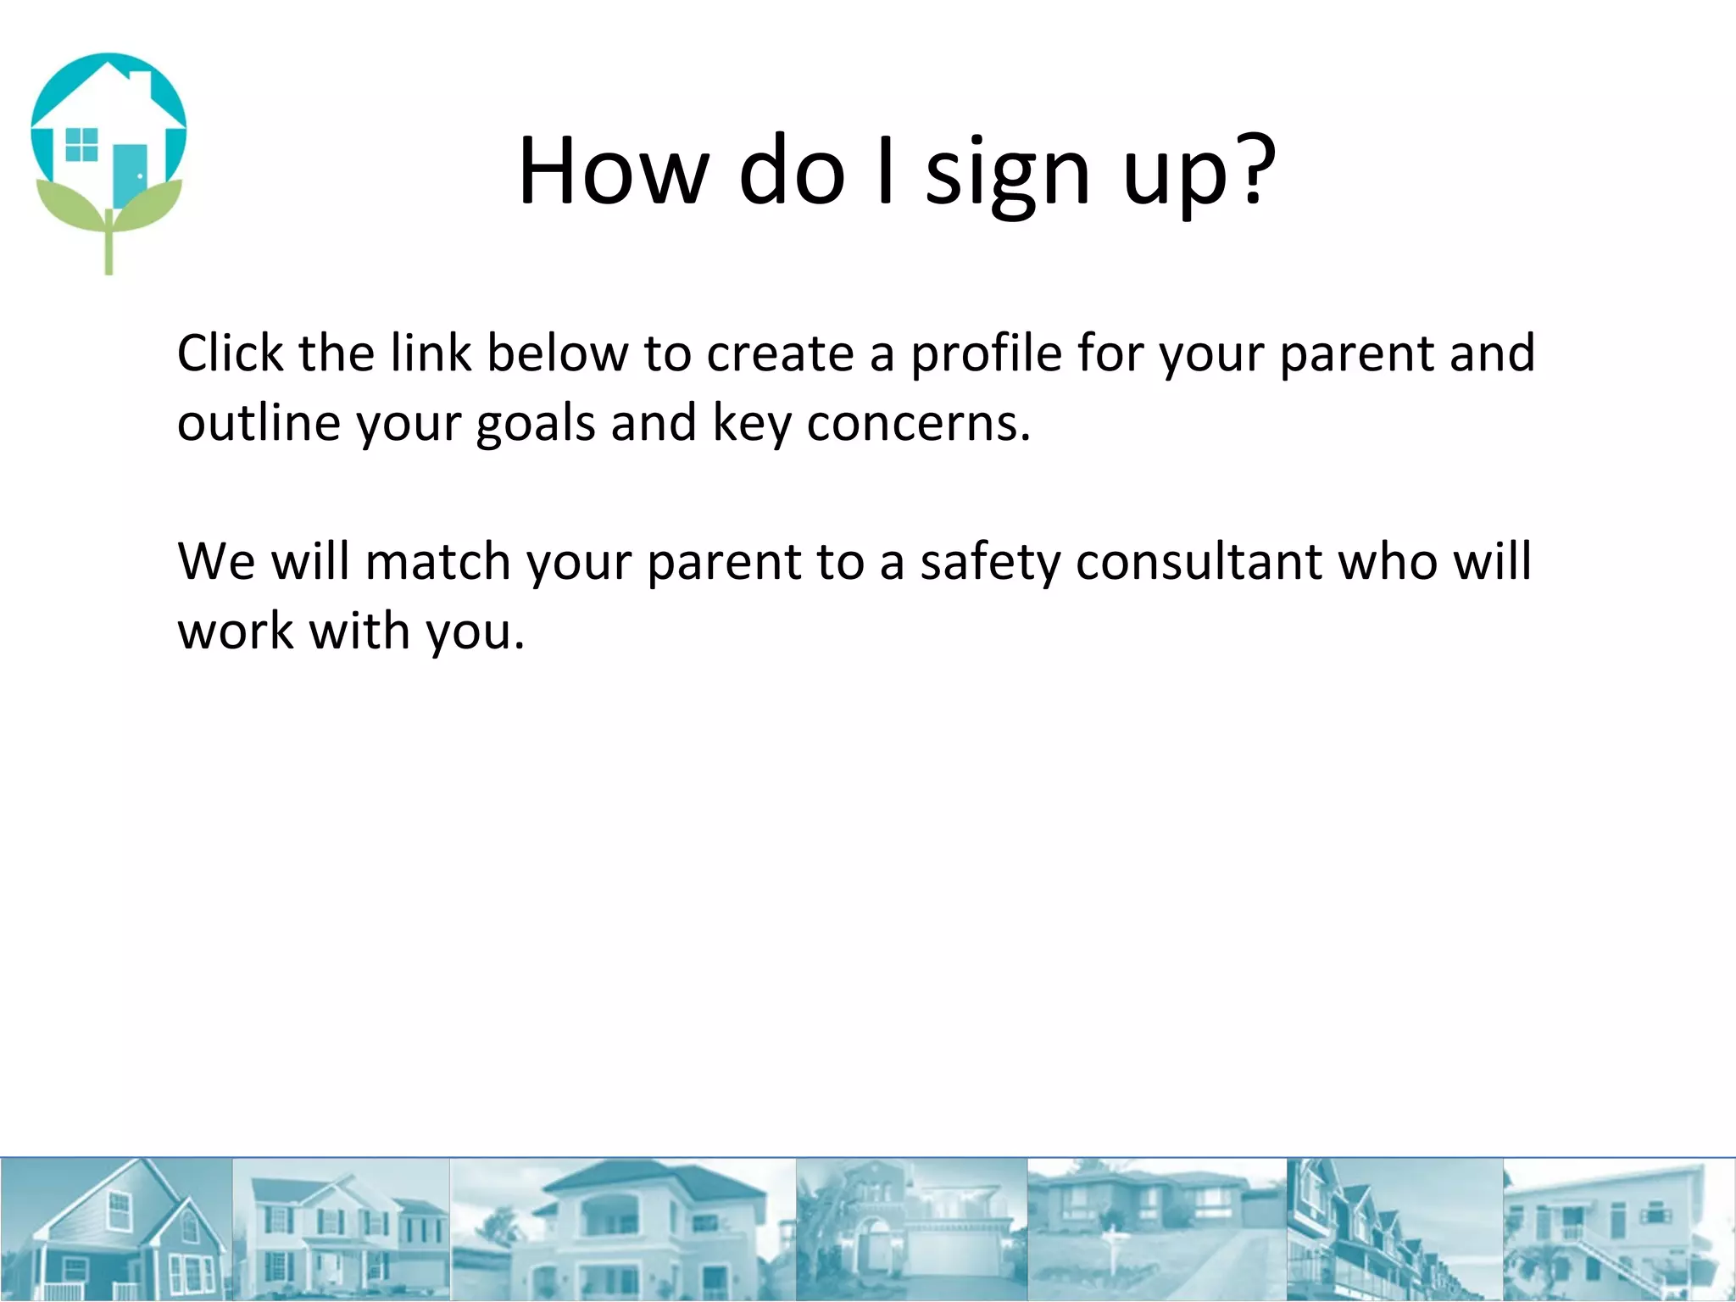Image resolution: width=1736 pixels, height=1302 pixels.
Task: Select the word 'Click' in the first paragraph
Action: [230, 353]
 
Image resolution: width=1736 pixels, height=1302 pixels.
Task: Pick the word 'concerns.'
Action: [918, 423]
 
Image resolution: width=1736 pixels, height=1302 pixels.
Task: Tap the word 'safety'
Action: [989, 563]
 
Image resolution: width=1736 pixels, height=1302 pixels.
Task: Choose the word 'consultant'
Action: [1199, 561]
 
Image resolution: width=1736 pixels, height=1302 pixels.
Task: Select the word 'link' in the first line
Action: [431, 353]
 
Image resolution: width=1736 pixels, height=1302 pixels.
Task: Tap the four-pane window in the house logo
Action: [81, 144]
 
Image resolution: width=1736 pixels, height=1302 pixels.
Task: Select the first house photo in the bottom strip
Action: [116, 1229]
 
